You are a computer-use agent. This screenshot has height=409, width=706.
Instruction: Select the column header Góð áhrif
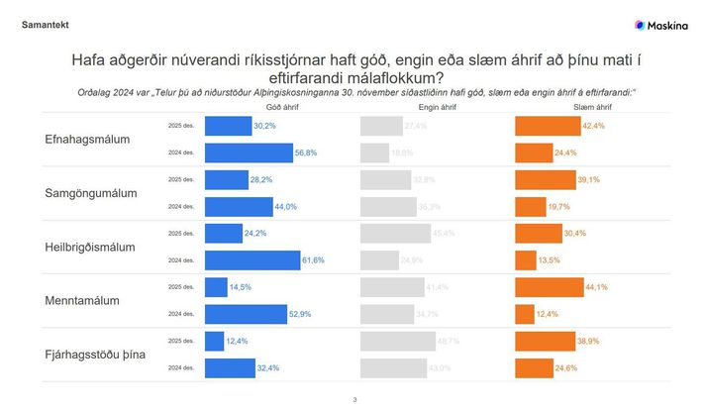[282, 106]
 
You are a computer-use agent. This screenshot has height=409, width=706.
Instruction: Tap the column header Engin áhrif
[436, 106]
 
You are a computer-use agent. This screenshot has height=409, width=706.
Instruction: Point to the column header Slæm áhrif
[591, 106]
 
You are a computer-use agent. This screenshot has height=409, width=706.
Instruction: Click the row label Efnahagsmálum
[88, 140]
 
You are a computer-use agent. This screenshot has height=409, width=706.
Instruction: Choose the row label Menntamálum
[82, 300]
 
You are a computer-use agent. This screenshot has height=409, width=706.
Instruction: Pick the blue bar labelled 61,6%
[252, 259]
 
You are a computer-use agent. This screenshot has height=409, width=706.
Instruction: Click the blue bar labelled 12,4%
[213, 341]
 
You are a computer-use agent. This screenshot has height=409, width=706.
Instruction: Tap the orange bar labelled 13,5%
[525, 259]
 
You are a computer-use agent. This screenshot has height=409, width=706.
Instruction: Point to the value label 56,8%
[307, 153]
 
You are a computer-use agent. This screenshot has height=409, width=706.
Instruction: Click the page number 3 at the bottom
[354, 399]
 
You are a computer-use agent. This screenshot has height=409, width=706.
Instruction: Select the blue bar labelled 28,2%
[226, 179]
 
